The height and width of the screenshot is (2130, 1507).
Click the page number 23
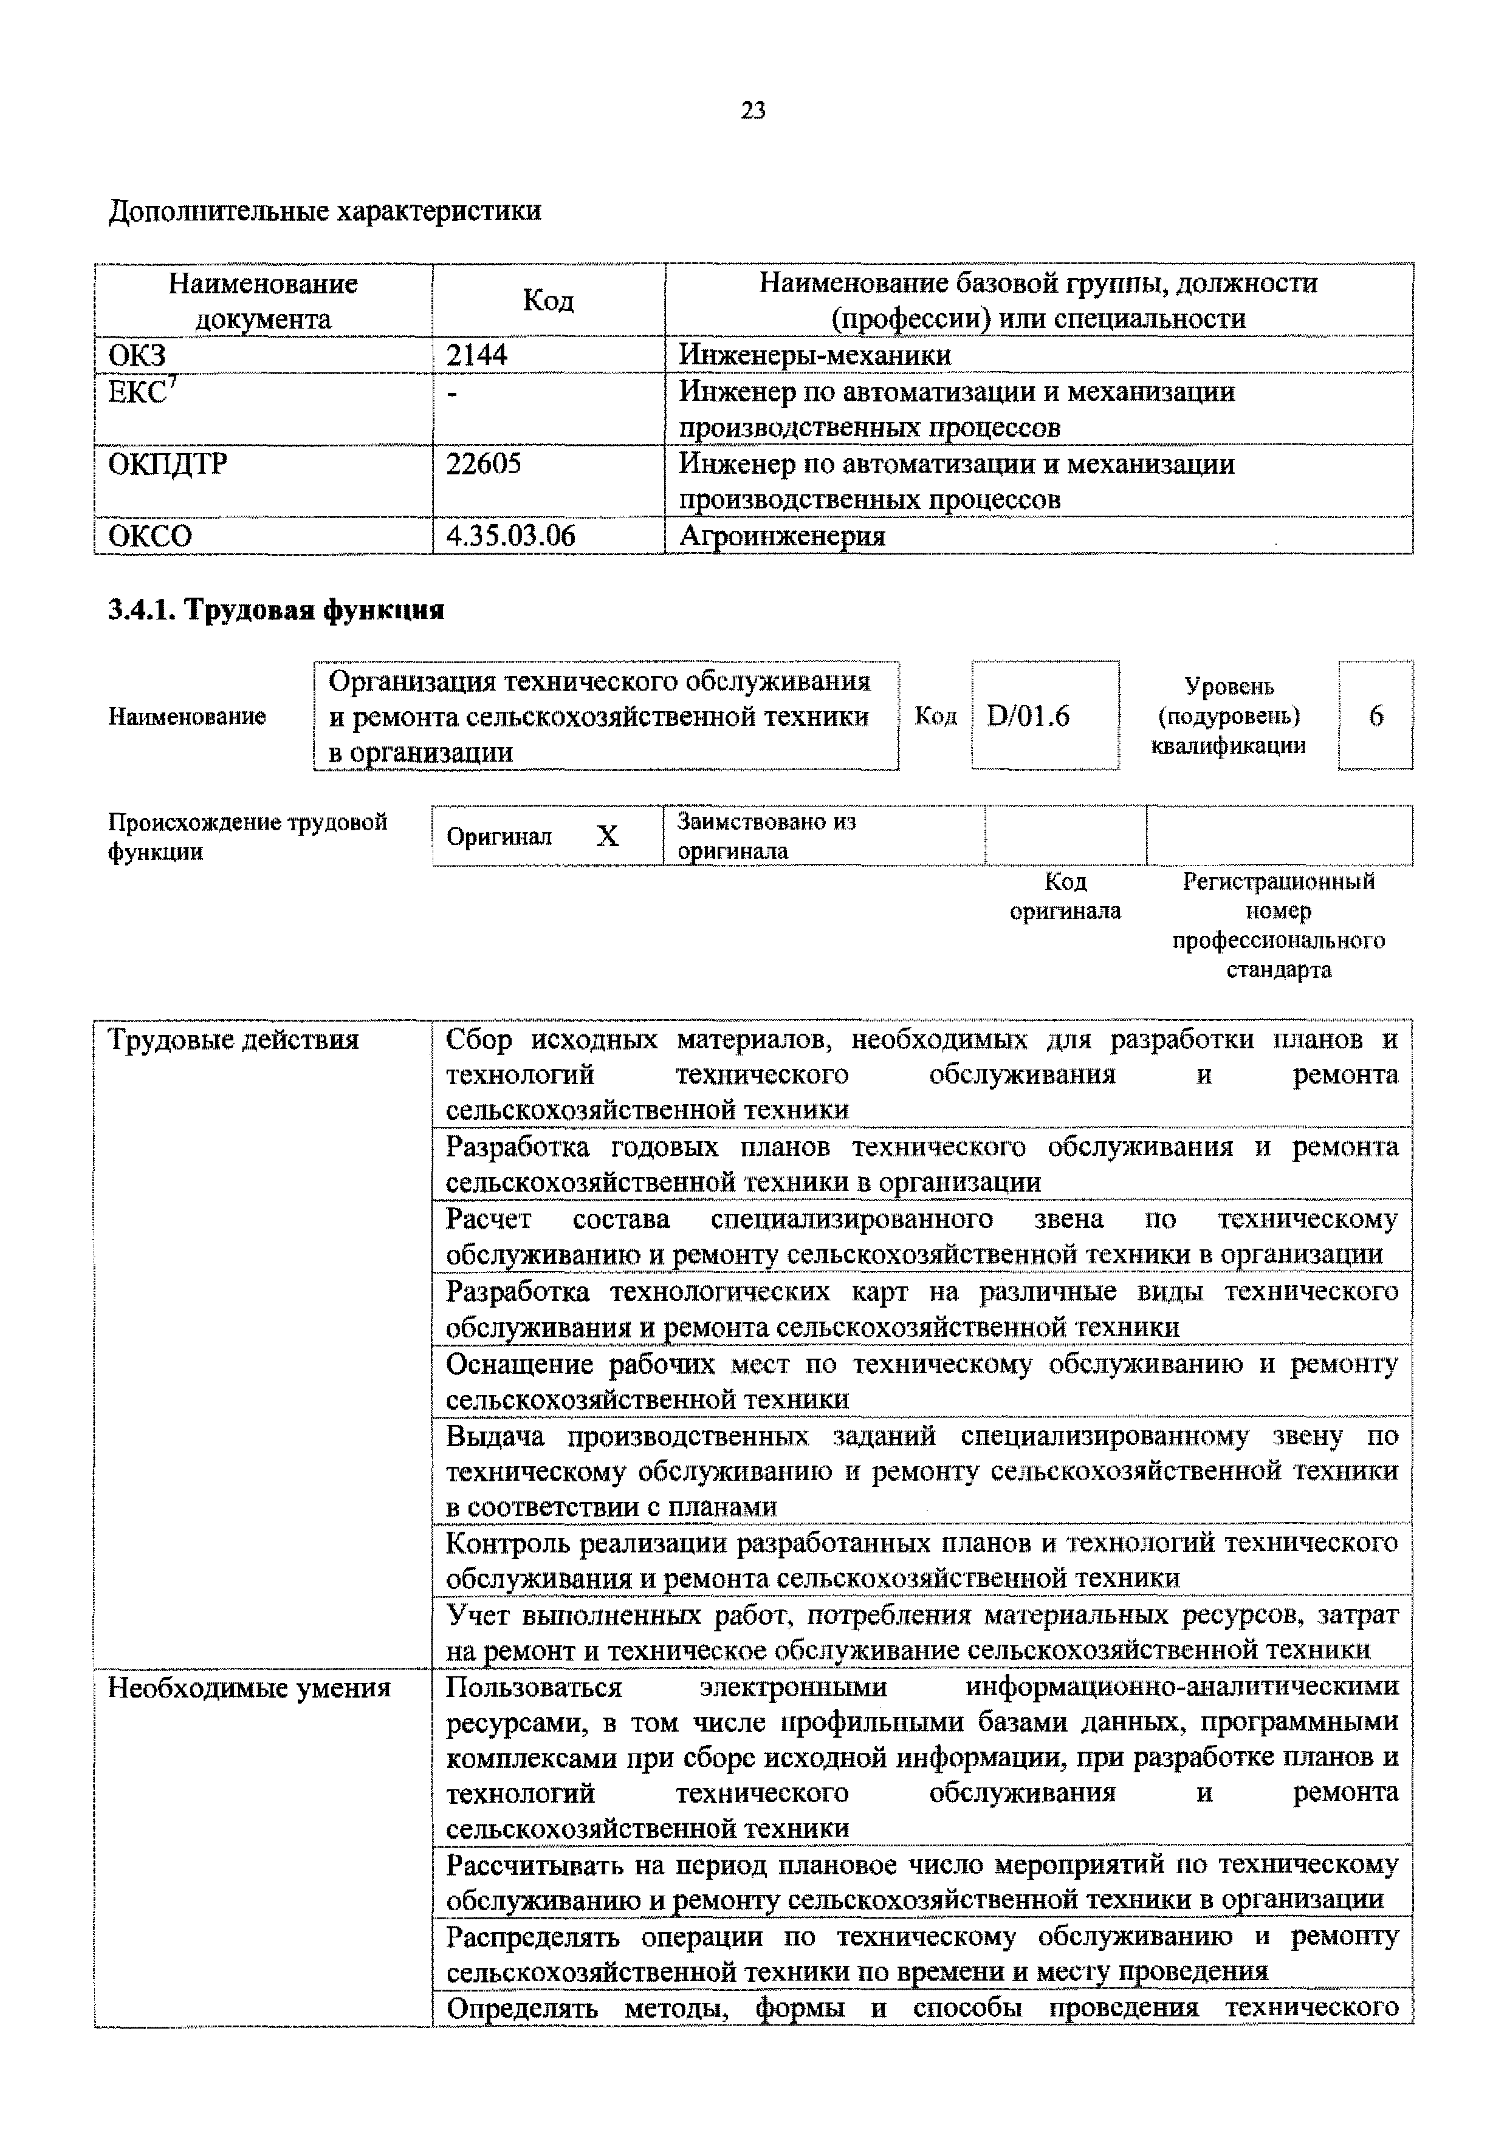pyautogui.click(x=752, y=111)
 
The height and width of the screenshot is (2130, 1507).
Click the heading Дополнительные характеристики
pyautogui.click(x=324, y=211)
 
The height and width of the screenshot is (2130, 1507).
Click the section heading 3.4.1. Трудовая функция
pyautogui.click(x=276, y=610)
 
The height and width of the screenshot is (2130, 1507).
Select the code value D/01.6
pyautogui.click(x=1027, y=715)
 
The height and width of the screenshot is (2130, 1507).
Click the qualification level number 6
pyautogui.click(x=1375, y=715)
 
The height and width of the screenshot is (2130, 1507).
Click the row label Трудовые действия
pyautogui.click(x=233, y=1040)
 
